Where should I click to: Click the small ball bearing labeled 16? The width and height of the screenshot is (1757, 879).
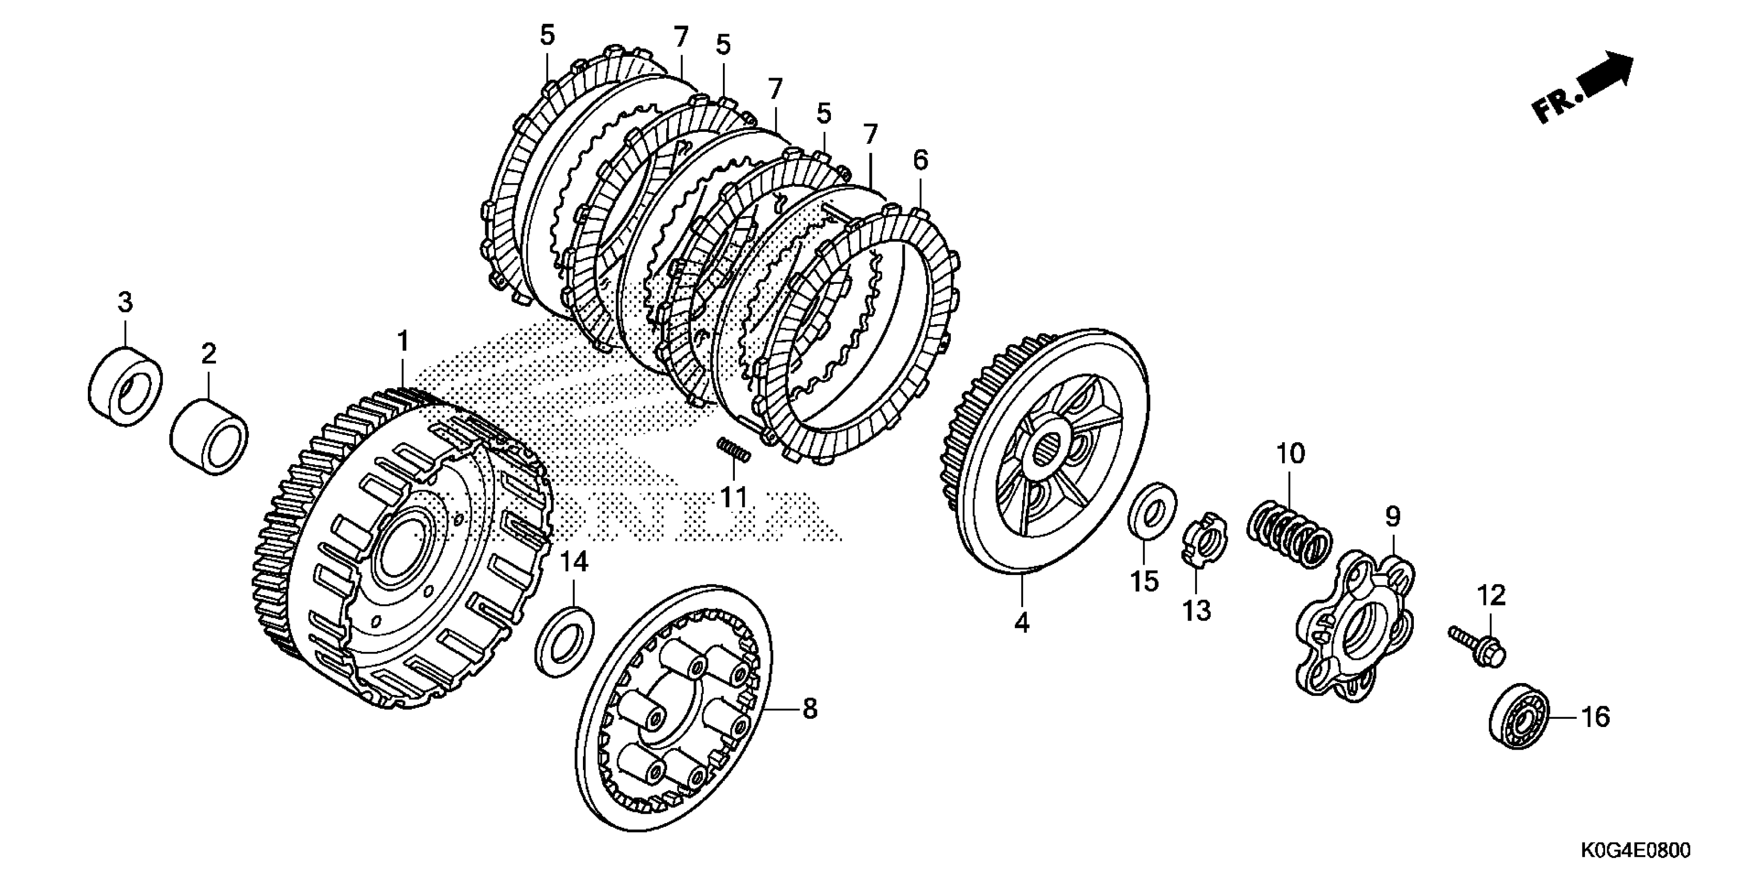pos(1518,717)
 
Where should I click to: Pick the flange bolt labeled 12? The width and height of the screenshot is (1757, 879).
pos(1477,649)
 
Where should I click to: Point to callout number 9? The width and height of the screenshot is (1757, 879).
pos(1393,517)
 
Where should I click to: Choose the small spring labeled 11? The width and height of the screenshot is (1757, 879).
pos(734,450)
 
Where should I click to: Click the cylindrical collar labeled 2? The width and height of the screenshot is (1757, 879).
pos(209,437)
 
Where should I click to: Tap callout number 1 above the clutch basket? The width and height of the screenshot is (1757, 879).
pos(403,340)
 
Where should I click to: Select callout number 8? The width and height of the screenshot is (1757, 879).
pos(810,709)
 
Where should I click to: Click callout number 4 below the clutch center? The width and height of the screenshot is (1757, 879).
pos(1021,623)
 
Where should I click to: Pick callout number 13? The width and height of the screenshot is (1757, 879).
pos(1196,610)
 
